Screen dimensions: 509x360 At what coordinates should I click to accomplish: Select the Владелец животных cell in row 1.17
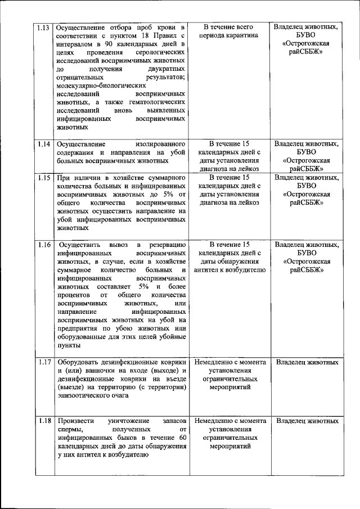tap(308, 362)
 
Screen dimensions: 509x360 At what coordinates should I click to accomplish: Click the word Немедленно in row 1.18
tap(216, 421)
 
